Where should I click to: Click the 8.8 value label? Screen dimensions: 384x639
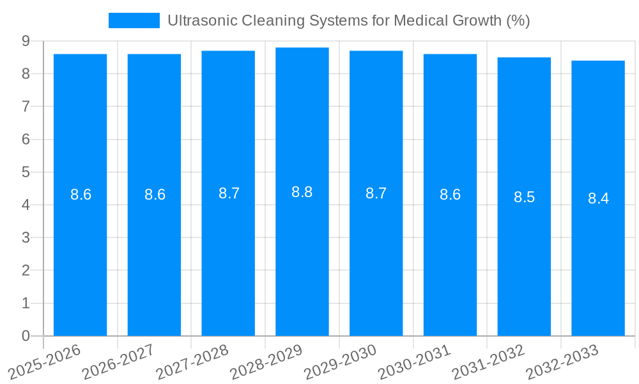click(302, 192)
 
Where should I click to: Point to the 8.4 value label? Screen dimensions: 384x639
click(598, 198)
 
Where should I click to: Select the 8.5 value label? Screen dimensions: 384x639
click(524, 197)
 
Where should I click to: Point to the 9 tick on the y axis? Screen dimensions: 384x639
click(26, 41)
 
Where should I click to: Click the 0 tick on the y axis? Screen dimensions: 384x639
click(26, 336)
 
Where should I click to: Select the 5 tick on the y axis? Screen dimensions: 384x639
click(26, 172)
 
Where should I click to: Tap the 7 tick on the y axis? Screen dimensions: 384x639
click(26, 106)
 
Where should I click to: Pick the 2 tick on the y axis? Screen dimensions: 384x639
click(26, 271)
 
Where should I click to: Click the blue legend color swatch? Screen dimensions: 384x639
click(134, 20)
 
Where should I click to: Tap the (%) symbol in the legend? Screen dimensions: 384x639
click(518, 20)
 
